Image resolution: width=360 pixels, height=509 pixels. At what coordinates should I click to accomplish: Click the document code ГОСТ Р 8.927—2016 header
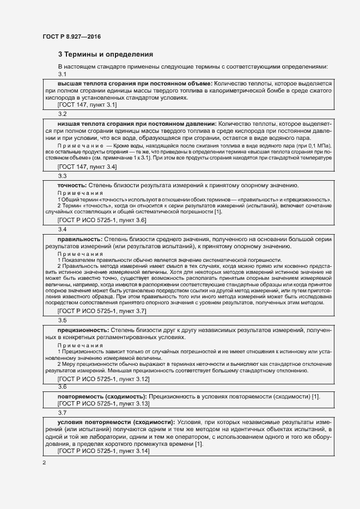pos(72,36)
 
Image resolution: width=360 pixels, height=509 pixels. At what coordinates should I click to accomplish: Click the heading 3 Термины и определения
pos(105,54)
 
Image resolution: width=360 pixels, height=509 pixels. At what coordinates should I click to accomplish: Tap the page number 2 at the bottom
pos(44,463)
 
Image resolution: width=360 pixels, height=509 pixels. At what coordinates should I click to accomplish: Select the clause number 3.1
pos(62,74)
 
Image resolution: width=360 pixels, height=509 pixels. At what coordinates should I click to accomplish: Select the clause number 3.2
pos(62,114)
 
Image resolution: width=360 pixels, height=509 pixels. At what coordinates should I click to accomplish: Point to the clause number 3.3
pos(62,176)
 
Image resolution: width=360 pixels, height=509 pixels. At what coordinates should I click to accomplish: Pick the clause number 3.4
pos(62,229)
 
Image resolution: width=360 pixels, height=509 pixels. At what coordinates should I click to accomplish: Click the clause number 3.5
pos(62,321)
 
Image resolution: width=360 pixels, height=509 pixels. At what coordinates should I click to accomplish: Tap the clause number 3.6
pos(62,386)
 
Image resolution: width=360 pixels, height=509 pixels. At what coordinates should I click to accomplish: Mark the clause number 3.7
pos(62,413)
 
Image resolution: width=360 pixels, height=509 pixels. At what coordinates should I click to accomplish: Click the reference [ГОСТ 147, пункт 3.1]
pos(87,105)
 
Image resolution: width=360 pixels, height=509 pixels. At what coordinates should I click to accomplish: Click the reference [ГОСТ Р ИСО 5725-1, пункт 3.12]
pos(103,378)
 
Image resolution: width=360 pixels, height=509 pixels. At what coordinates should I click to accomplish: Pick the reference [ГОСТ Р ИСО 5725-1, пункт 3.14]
pos(103,451)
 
